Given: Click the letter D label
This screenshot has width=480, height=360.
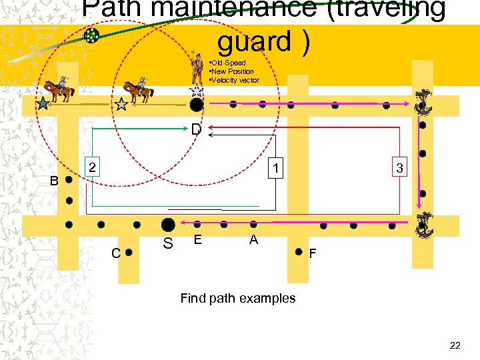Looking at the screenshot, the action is click(x=195, y=129).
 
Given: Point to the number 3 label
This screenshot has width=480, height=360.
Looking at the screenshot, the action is click(x=399, y=168).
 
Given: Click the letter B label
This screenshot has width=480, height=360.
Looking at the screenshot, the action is click(x=55, y=180).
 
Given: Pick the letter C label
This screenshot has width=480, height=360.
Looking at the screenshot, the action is click(x=115, y=253).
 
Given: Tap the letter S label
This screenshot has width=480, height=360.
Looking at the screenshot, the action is click(x=168, y=244).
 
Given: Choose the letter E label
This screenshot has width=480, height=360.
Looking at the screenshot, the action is click(x=197, y=239).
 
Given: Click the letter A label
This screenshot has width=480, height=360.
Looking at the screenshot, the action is click(x=253, y=239).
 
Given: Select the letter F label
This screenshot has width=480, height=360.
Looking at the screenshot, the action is click(x=313, y=253).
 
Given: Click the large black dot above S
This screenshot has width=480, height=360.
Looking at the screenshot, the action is click(x=168, y=225).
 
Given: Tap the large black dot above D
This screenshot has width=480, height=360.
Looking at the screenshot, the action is click(x=196, y=104).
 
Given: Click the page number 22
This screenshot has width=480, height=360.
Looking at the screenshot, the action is click(x=455, y=345).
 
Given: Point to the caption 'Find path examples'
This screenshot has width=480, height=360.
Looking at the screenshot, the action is click(x=237, y=298).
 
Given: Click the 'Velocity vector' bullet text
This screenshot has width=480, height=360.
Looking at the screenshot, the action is click(x=235, y=80).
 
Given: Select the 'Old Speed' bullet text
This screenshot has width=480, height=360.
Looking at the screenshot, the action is click(x=229, y=63).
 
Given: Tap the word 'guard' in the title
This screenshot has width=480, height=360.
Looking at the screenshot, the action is click(x=256, y=41).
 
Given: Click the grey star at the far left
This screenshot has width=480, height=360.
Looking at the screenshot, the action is click(x=43, y=103).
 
